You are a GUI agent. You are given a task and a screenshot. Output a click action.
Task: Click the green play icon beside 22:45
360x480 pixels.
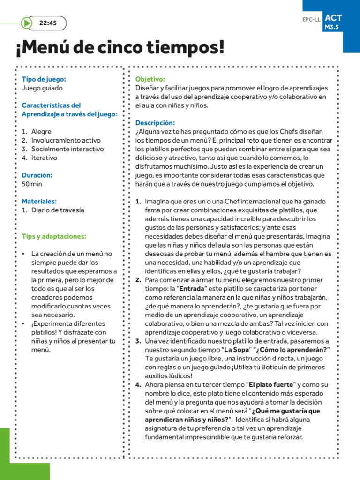tap(27, 23)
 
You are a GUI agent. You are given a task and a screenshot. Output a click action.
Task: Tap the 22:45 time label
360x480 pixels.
tap(48, 23)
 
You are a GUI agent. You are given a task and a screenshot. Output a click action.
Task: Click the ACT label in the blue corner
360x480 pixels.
tap(333, 18)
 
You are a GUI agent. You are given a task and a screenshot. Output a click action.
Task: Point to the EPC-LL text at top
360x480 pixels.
tap(311, 20)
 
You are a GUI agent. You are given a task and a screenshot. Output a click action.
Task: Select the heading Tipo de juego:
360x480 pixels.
tap(44, 79)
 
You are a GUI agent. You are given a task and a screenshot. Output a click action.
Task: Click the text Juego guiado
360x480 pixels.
tap(42, 88)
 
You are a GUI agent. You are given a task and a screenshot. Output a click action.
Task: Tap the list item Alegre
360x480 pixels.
tap(41, 132)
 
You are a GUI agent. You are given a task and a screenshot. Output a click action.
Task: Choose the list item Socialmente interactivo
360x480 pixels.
tap(67, 149)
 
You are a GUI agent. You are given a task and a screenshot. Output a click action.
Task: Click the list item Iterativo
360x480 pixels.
tap(44, 157)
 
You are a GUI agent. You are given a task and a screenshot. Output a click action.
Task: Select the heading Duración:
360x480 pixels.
tap(37, 175)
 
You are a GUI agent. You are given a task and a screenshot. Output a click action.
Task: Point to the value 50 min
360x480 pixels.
tap(32, 184)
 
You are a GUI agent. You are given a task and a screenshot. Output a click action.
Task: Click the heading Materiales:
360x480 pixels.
tap(39, 201)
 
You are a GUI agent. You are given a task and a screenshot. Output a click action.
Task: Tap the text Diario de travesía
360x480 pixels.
tap(58, 210)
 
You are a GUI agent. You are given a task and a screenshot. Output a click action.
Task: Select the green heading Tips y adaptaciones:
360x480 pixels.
tap(54, 236)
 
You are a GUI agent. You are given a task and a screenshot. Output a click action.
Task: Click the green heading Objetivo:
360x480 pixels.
tap(150, 79)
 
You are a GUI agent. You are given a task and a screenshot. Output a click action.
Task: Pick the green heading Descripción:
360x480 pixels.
tap(155, 123)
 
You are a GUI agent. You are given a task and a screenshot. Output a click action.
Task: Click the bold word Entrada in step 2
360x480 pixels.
tap(192, 289)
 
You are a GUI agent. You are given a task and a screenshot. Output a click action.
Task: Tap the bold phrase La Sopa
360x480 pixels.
tap(236, 350)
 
